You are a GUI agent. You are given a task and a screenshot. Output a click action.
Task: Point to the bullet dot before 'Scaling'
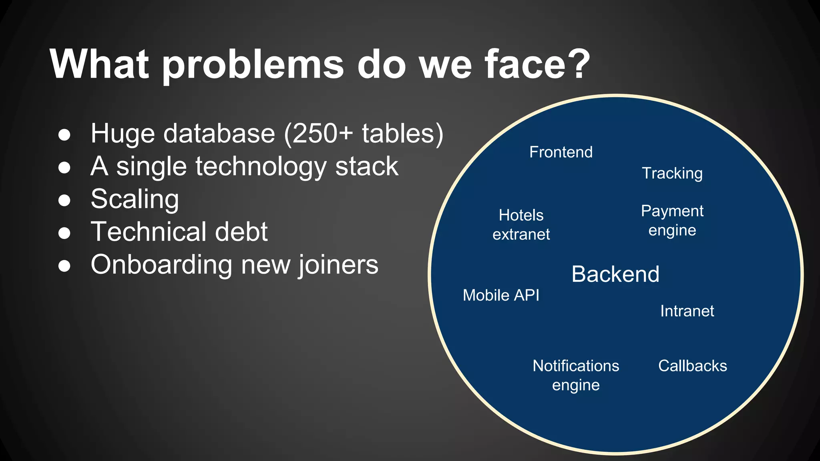[64, 200]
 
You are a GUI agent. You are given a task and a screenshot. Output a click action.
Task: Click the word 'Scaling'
[135, 200]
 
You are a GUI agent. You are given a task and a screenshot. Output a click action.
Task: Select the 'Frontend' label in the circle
[561, 152]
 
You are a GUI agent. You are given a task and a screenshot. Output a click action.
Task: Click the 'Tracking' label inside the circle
[672, 174]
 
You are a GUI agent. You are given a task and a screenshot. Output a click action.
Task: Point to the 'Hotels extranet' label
[521, 225]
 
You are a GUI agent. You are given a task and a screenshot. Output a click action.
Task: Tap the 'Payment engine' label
[672, 220]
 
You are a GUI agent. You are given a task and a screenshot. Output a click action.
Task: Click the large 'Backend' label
[615, 275]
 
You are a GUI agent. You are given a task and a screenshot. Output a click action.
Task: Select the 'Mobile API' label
[501, 295]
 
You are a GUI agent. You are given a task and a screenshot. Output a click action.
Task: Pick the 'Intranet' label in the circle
[687, 311]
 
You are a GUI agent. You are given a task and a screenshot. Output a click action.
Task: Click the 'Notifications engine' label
[576, 375]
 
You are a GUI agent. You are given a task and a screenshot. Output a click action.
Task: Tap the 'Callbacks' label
[692, 366]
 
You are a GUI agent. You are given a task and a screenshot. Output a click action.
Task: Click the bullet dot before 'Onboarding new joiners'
[64, 265]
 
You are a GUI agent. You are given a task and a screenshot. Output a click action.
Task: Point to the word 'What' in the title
[100, 64]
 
